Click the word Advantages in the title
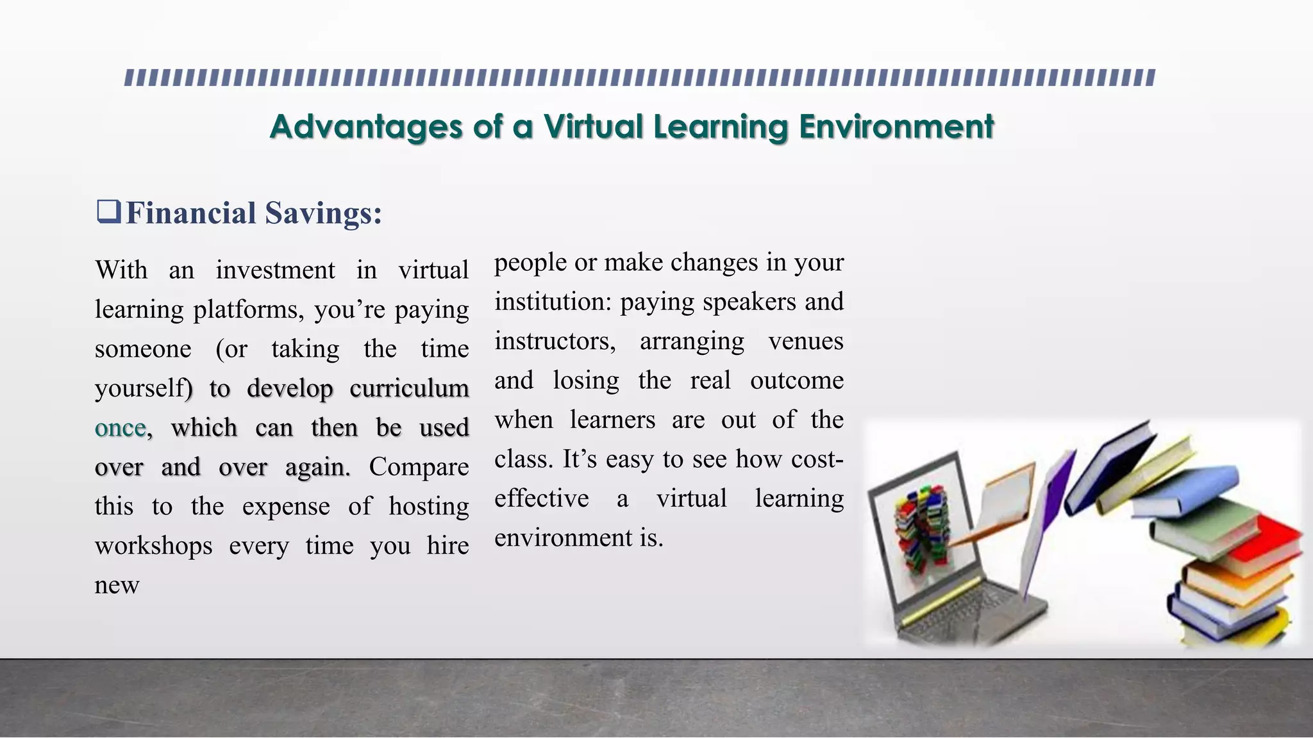tap(365, 126)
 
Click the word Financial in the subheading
tap(191, 213)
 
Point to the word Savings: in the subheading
tap(324, 213)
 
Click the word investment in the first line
tap(275, 270)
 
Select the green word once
tap(121, 428)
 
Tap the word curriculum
tap(409, 388)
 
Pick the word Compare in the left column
tap(419, 467)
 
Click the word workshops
tap(153, 546)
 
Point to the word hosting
tap(428, 507)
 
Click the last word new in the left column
tap(117, 585)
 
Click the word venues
tap(805, 341)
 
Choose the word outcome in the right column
tap(796, 381)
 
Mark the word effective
tap(541, 498)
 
